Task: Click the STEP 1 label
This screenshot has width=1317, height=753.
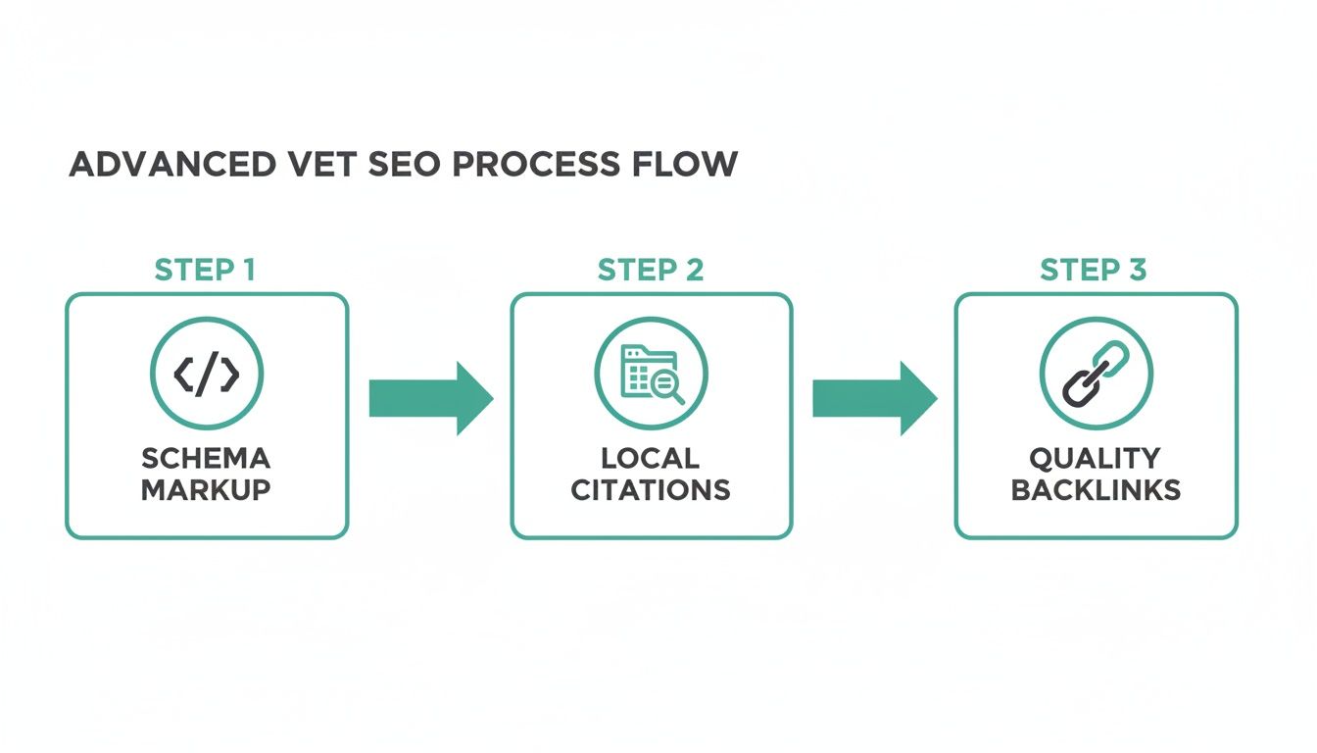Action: point(206,271)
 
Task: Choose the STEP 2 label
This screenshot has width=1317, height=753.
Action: point(651,271)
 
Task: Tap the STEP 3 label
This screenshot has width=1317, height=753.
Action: point(1094,271)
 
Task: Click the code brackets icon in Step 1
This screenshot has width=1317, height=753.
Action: point(206,374)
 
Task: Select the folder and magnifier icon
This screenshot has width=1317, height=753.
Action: point(650,374)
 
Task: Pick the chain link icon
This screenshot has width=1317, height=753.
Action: point(1096,374)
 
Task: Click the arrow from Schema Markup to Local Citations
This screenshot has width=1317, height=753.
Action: point(429,398)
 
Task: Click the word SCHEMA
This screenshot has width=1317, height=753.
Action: point(206,458)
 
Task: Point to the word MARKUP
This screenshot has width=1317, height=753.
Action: point(206,489)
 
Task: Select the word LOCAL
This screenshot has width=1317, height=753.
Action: point(651,458)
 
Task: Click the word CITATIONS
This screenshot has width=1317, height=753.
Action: point(651,489)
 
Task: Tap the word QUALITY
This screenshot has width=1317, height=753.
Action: point(1095,458)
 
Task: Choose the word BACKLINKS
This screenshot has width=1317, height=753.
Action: point(1096,489)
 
